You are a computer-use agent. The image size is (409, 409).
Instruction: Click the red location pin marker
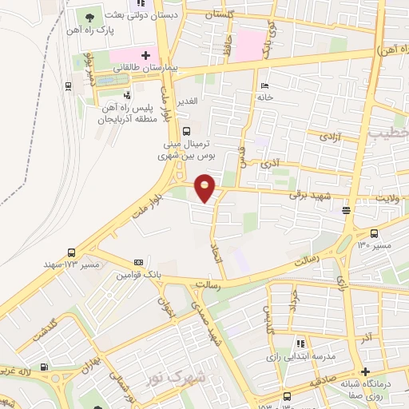click(206, 187)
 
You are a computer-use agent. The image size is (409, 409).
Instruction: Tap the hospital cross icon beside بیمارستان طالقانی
click(145, 56)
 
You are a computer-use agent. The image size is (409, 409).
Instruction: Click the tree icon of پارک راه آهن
click(89, 17)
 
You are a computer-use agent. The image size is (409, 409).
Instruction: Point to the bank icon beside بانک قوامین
click(139, 262)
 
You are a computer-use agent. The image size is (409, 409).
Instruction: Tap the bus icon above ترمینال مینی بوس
click(186, 132)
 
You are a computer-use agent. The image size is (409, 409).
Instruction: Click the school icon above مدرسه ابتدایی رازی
click(301, 342)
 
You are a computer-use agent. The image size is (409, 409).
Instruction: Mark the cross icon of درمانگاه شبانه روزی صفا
click(365, 371)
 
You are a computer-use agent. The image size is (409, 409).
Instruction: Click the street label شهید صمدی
click(217, 328)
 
